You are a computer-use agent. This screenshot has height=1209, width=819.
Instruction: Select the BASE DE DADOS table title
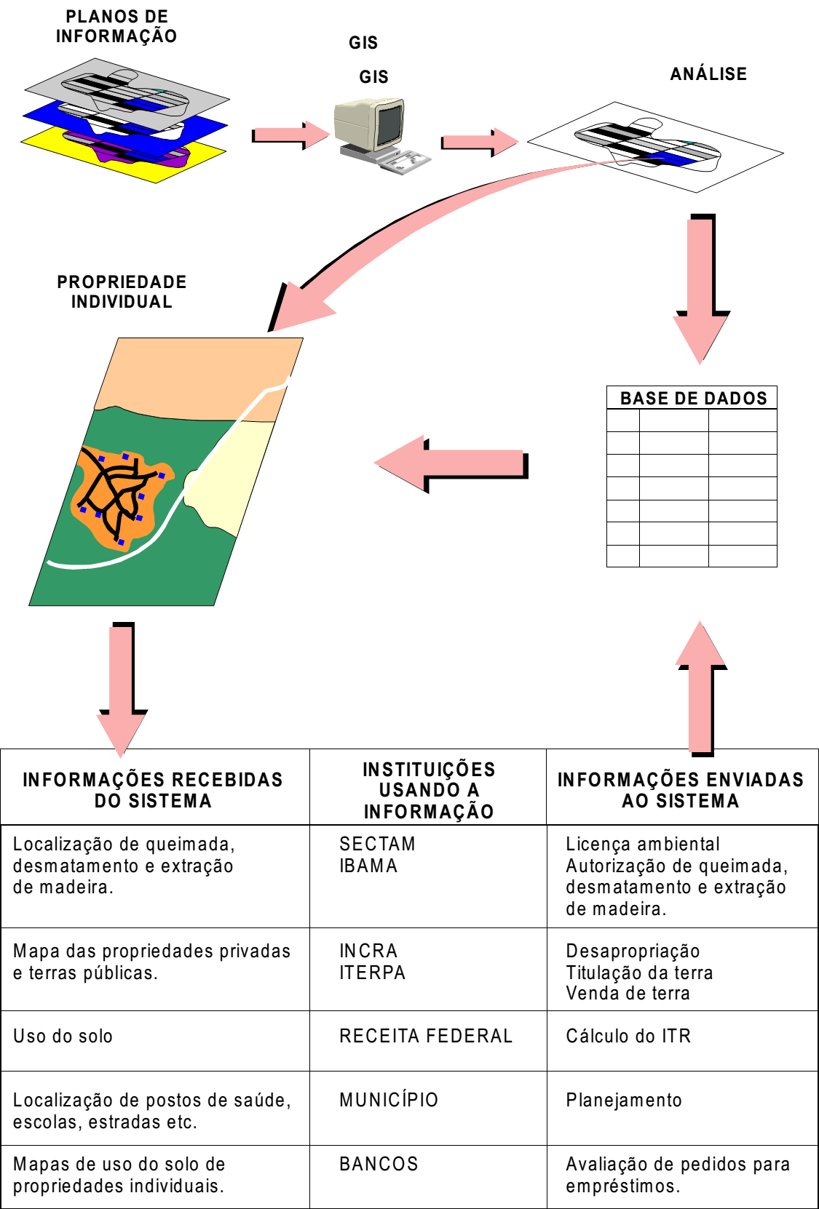coord(693,399)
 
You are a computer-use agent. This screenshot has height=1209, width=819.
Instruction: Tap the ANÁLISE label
coord(708,73)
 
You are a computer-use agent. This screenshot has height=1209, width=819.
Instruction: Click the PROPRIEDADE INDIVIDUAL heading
coord(122,292)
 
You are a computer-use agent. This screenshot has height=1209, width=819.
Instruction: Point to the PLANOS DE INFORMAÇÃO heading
coord(116,26)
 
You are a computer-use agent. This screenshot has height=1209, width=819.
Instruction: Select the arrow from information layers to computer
coord(291,135)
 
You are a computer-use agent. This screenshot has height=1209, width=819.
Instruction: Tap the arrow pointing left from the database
coord(451,464)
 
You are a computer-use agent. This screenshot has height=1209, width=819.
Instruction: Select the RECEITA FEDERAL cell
coord(426,1036)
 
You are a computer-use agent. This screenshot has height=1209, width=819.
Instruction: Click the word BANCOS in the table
coord(379,1164)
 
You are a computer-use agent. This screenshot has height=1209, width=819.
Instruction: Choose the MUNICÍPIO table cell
coord(389,1099)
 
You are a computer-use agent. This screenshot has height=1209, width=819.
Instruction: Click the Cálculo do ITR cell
coord(628,1036)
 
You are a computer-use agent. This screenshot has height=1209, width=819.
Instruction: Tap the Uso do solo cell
coord(63,1036)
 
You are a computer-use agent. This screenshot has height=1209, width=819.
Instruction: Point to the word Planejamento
coord(624,1100)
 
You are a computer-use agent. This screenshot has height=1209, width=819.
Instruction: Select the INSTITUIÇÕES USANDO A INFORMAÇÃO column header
coord(428,790)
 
